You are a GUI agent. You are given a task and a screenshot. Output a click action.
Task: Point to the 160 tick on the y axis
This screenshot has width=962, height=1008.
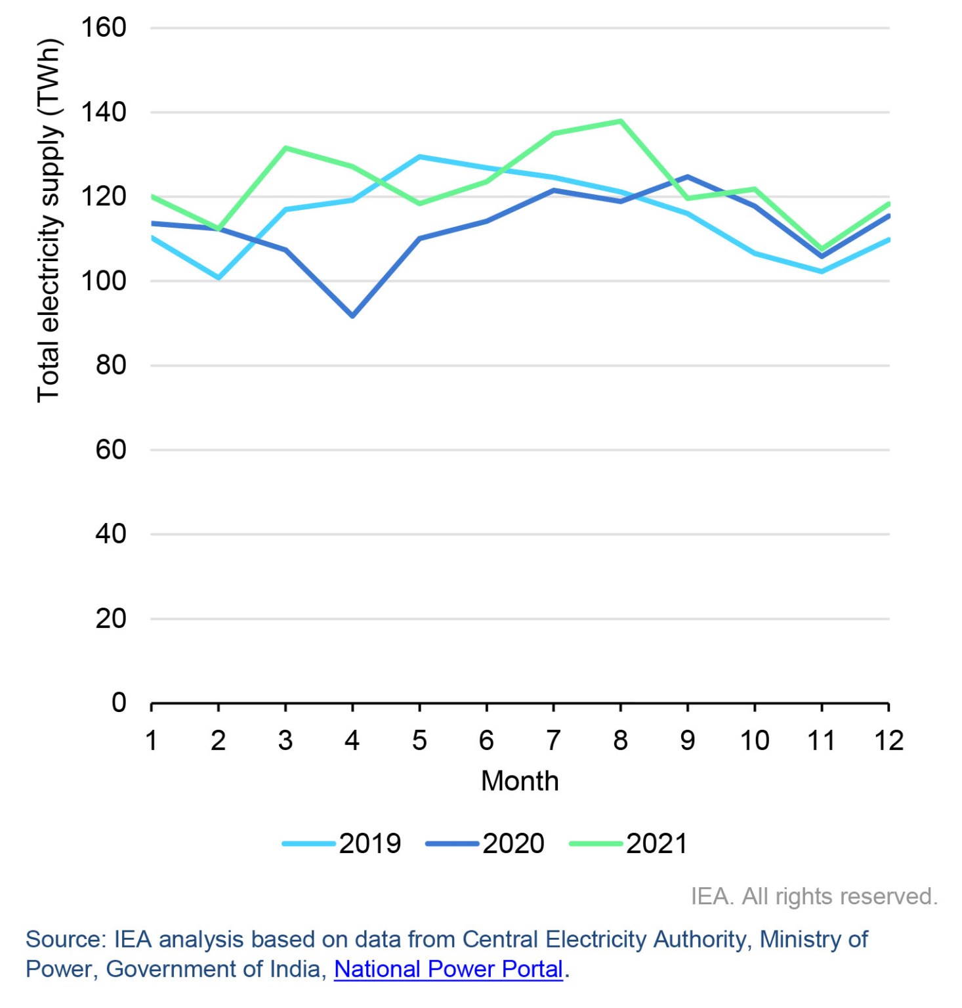pos(103,28)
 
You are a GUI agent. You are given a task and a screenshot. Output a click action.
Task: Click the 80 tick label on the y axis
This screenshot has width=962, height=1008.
pos(110,365)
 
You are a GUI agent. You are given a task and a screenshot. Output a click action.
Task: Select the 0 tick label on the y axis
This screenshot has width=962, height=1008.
pos(118,702)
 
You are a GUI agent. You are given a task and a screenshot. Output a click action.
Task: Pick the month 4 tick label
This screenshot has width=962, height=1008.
pos(352,741)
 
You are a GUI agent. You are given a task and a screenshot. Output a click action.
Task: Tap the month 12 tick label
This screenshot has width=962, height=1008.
pos(889,741)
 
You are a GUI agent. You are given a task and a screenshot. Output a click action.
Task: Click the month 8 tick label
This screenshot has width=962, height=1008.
pos(620,741)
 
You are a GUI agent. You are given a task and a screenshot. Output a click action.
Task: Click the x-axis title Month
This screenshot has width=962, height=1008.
pos(520,781)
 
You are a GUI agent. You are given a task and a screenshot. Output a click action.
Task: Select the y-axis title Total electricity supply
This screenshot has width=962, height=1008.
pos(49,220)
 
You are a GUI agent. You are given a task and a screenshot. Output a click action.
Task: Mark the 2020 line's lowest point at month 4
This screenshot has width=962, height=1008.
pos(352,316)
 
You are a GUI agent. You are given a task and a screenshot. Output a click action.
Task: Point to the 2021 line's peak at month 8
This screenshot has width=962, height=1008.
pos(620,121)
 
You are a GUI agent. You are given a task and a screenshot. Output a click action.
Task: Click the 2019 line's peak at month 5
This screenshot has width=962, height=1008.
pos(419,157)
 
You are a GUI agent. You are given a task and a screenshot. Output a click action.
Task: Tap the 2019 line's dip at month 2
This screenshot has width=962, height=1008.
pos(219,278)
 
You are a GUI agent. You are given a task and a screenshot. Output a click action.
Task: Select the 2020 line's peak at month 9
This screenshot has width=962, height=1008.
pos(687,177)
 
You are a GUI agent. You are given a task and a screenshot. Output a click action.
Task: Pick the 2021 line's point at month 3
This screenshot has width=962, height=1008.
pos(285,148)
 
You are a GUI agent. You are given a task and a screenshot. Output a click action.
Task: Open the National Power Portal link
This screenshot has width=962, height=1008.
pos(448,969)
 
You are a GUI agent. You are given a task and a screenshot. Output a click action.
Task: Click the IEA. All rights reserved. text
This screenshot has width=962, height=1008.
pos(814,896)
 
